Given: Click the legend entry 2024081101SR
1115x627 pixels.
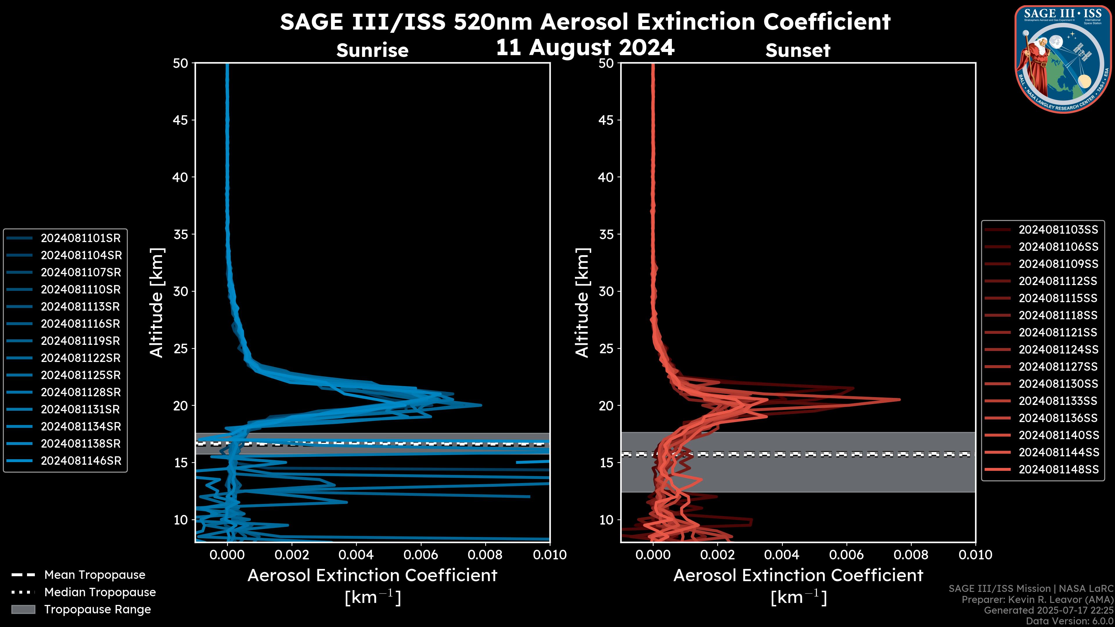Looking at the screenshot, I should point(80,238).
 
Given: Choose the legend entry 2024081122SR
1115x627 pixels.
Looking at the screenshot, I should point(80,358).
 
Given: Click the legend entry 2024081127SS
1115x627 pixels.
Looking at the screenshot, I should point(1058,367).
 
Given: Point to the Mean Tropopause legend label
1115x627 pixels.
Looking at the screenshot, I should point(94,575).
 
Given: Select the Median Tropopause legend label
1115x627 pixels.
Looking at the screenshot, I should point(100,592).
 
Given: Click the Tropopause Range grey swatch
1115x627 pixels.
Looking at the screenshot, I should point(23,609).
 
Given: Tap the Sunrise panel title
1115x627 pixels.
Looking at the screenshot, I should point(372,50).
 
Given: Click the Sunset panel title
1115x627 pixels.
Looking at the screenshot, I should point(798,50).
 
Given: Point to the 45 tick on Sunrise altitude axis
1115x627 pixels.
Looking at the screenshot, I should point(181,120).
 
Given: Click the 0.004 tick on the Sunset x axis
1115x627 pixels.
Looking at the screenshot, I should point(782,555).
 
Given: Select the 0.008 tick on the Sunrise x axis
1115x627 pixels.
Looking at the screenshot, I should point(485,555).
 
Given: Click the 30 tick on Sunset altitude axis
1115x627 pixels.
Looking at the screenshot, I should point(606,291).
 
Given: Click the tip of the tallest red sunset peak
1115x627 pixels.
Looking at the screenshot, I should point(900,399).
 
